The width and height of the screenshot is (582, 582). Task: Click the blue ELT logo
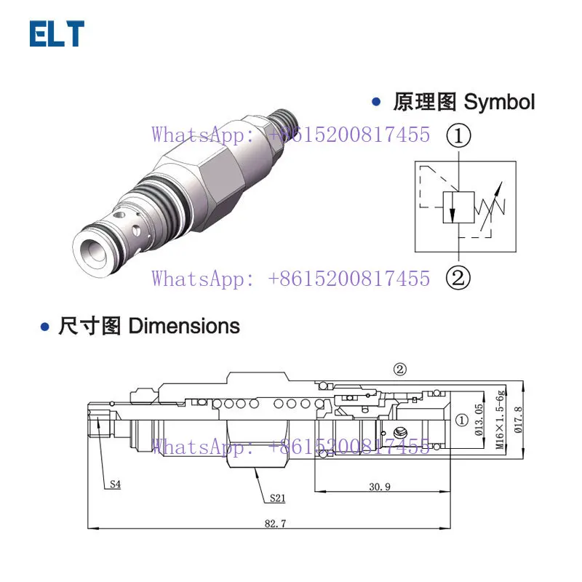(57, 33)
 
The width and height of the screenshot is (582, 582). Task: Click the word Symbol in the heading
(499, 102)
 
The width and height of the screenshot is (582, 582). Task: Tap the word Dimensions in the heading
(184, 326)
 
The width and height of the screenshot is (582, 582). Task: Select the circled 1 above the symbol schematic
(458, 135)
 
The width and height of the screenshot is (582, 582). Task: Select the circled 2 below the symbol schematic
(458, 278)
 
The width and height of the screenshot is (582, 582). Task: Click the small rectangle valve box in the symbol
(458, 207)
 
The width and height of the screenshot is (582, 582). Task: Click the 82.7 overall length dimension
(276, 523)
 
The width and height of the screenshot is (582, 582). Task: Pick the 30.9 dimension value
(380, 487)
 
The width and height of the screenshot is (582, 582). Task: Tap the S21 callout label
(278, 498)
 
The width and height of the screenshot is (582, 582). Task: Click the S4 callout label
(116, 484)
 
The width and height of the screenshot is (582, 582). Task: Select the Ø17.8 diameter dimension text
(518, 420)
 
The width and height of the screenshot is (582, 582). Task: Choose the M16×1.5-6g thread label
(501, 419)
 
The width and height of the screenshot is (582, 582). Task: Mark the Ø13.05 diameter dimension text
(479, 420)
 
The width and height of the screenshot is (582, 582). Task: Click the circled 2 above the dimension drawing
(399, 370)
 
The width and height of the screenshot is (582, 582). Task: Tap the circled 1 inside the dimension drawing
(462, 420)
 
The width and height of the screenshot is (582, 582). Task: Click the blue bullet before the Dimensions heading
(45, 327)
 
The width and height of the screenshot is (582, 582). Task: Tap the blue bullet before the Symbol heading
(376, 102)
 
